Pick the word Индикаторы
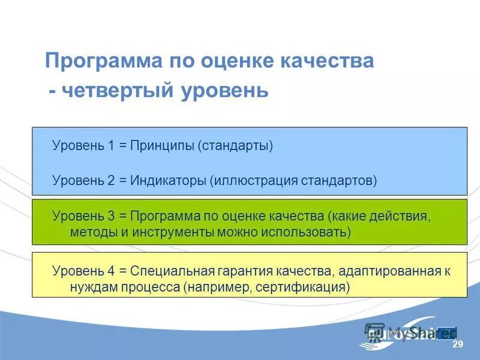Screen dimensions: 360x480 pos(170,180)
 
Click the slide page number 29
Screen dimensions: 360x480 pos(458,344)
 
